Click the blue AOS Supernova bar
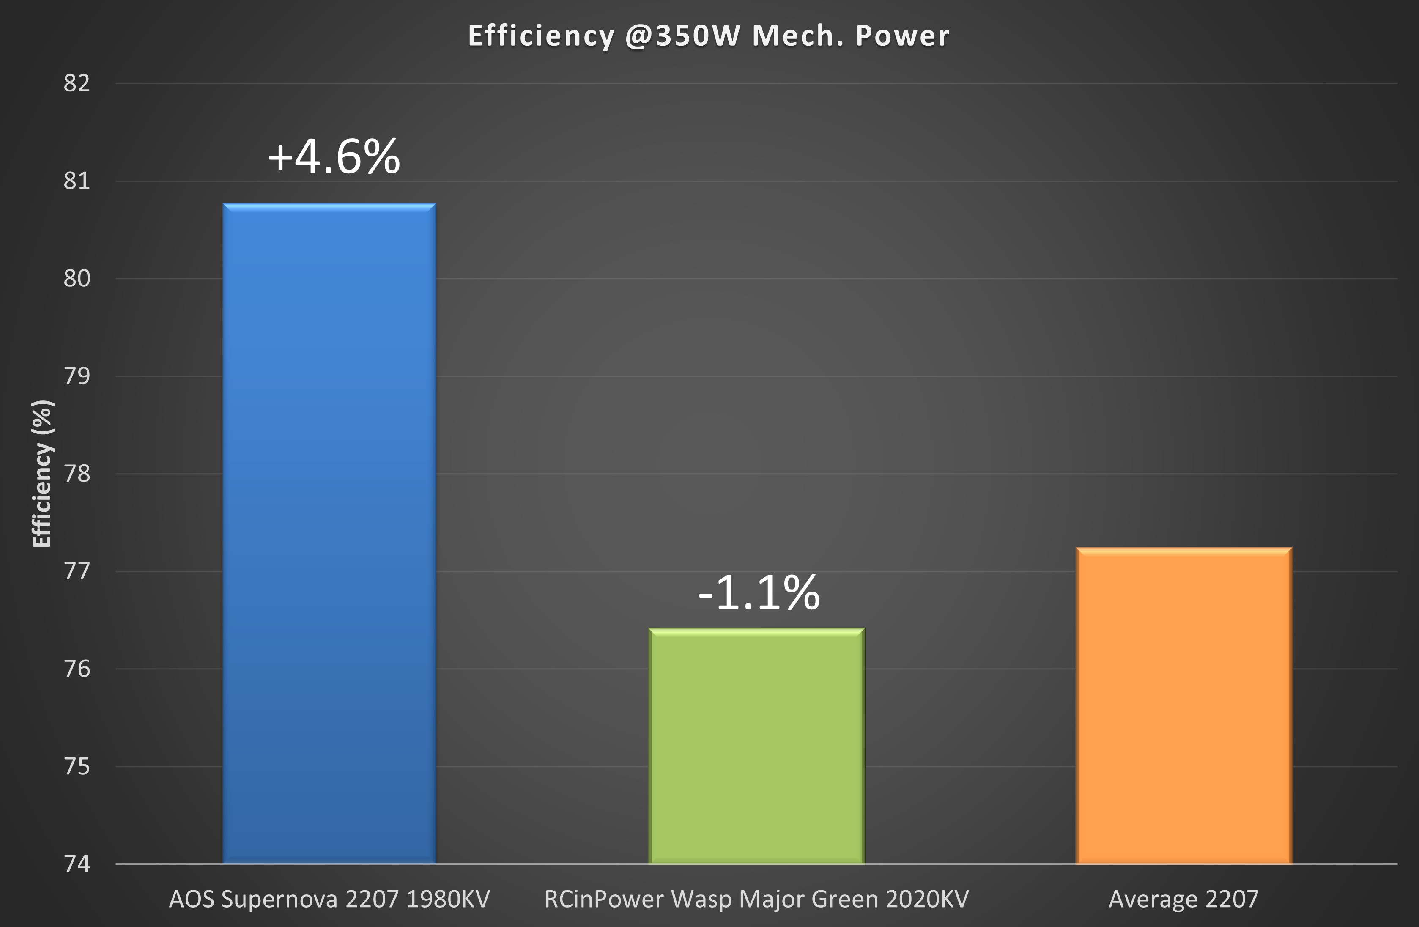coord(329,534)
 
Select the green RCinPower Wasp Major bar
coord(756,746)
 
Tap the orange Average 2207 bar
coord(1183,705)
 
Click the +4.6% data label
coord(334,157)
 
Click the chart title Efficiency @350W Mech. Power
coord(708,36)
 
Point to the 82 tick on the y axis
coord(77,83)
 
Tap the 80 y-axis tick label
coord(77,278)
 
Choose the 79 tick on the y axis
coord(77,376)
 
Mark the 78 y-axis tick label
coord(77,474)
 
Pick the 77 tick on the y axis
coord(77,571)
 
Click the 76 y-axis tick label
coord(77,669)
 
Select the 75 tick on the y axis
coord(77,767)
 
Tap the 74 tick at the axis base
coord(77,864)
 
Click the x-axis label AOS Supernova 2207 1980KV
coord(329,899)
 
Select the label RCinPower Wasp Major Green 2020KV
coord(756,899)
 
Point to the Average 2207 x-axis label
coord(1183,899)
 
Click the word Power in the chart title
coord(902,36)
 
